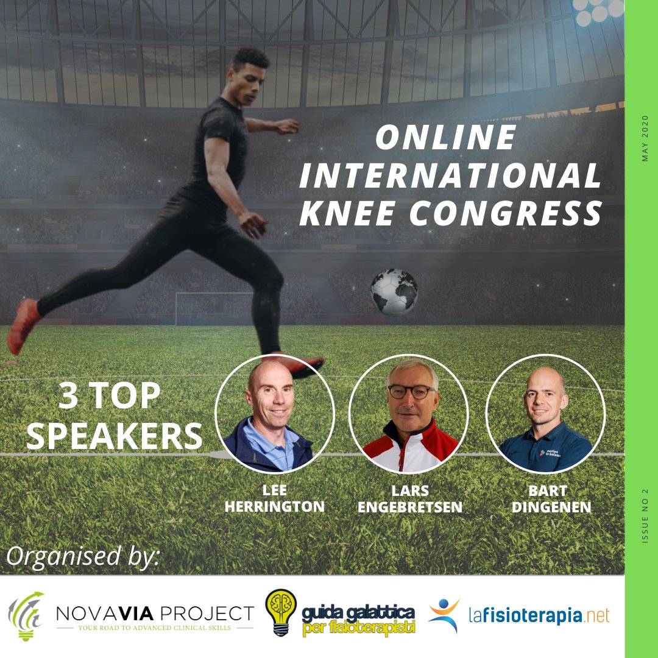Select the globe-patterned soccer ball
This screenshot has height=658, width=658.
[394, 292]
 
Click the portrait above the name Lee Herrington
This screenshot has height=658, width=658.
[275, 413]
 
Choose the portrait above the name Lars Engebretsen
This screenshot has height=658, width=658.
[408, 413]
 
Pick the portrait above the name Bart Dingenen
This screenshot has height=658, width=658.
[545, 413]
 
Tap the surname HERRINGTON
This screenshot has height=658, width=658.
[275, 507]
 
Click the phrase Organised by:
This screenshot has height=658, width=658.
[83, 556]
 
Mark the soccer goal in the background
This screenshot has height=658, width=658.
[213, 308]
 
